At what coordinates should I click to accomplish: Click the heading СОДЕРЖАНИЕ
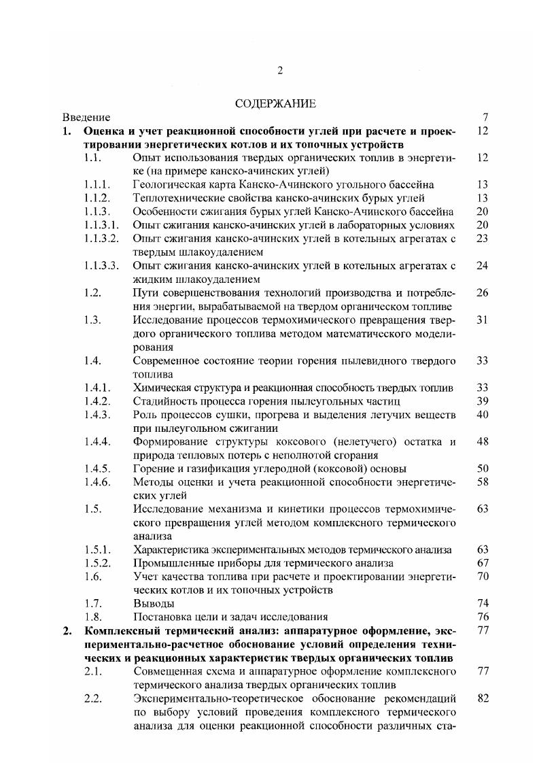(x=275, y=104)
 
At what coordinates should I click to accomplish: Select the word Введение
(x=86, y=117)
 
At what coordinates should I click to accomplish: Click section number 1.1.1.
(x=97, y=184)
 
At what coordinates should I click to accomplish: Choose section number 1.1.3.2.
(x=102, y=239)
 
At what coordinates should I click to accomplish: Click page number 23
(x=483, y=239)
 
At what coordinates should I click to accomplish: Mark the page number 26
(x=483, y=293)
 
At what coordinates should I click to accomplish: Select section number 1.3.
(x=93, y=320)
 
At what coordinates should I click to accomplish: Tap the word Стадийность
(x=163, y=401)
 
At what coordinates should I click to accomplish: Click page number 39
(x=483, y=401)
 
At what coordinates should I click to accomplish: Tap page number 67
(x=483, y=563)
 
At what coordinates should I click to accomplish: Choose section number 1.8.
(x=93, y=617)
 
